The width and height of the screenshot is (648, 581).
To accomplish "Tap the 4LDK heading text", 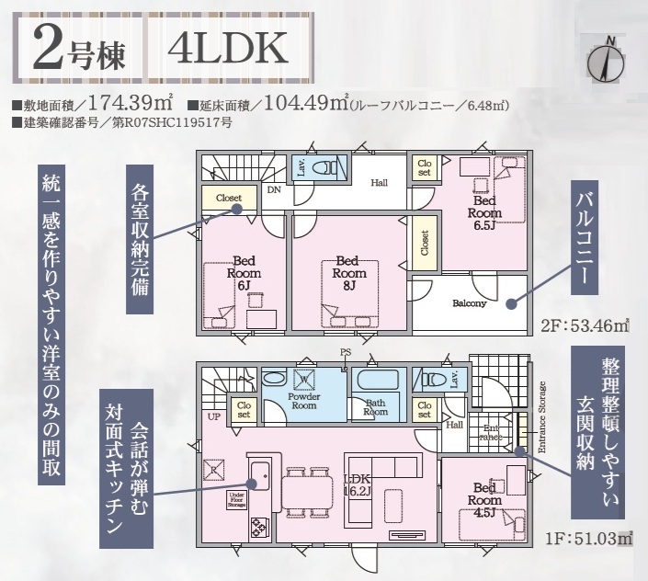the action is pos(228,48).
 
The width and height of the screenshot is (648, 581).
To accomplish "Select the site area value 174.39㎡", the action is pos(131,103).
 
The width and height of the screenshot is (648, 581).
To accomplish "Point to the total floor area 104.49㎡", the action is pos(305,103).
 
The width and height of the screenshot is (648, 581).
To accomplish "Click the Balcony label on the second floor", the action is pos(470,303).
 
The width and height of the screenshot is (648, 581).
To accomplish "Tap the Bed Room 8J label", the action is pos(349,273).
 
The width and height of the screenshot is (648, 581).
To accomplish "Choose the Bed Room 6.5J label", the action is pos(484,212).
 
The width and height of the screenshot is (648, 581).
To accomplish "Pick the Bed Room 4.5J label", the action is pos(484,500).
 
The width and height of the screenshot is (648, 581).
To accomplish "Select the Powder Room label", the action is pos(304,401).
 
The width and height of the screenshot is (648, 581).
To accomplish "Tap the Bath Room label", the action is pos(375,407).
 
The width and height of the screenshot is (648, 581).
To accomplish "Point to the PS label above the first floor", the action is pos(346,352).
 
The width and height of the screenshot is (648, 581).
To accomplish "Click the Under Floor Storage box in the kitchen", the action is pos(237,500).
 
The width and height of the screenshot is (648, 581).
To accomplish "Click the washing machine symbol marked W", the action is pos(304,380).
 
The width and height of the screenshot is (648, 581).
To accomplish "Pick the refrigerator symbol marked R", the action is pos(214,470).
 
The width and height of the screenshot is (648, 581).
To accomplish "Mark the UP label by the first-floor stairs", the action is pos(214,417).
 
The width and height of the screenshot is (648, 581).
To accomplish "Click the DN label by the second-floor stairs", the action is pos(274,190).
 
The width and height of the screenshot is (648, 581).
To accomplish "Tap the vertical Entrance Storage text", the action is pos(542,417).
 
